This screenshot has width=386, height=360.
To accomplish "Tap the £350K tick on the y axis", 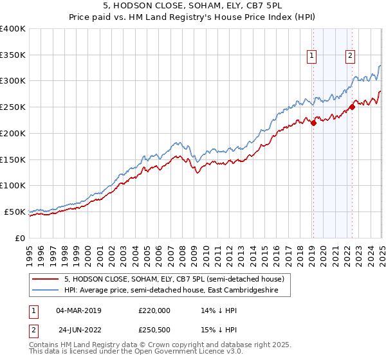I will pyautogui.click(x=13, y=55).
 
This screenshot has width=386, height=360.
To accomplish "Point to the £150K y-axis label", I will pyautogui.click(x=13, y=159).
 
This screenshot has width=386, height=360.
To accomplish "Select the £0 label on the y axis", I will pyautogui.click(x=21, y=238).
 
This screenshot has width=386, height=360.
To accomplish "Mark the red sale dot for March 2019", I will pyautogui.click(x=313, y=123).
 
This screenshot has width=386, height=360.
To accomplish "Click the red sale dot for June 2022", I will pyautogui.click(x=352, y=107).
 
